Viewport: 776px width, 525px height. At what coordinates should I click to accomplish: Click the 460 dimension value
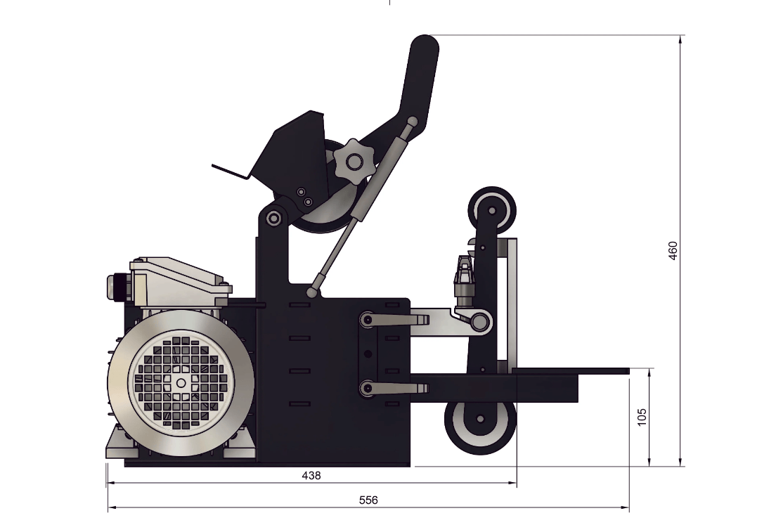673,251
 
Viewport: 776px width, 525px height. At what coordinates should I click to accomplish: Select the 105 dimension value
640,417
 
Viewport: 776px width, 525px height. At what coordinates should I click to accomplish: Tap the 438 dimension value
311,476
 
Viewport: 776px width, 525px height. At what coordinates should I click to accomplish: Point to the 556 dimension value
368,500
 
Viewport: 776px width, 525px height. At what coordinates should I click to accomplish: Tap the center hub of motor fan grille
181,382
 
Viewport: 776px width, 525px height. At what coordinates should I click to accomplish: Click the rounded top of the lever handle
425,48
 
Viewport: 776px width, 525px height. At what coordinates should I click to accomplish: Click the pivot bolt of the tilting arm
273,219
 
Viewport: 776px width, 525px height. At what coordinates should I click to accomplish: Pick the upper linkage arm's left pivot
366,320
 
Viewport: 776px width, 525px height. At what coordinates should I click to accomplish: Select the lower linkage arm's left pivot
366,387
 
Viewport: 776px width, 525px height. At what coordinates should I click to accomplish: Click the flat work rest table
569,370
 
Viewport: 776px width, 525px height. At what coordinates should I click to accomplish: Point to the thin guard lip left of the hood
229,171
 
